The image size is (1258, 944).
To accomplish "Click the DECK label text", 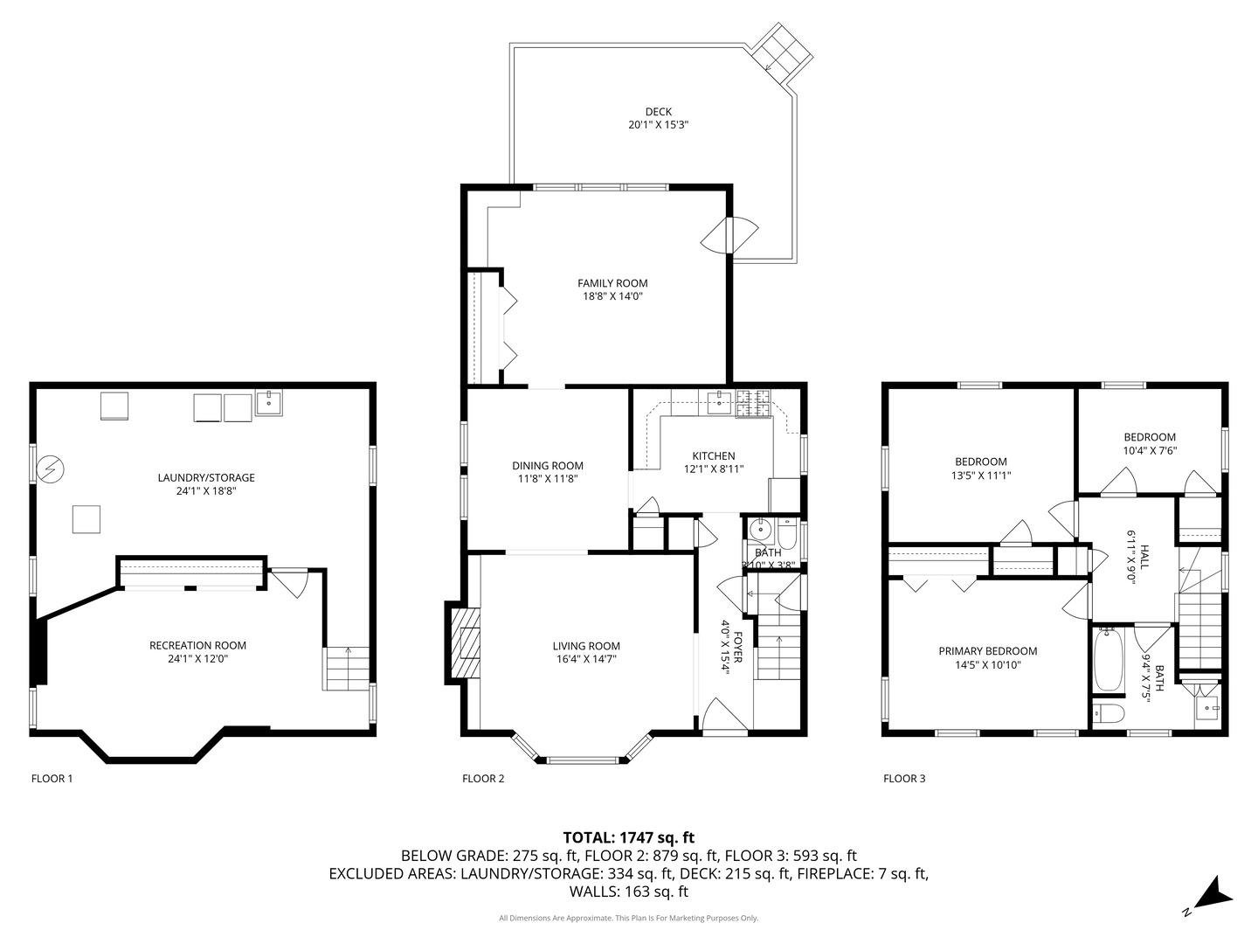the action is pyautogui.click(x=658, y=112).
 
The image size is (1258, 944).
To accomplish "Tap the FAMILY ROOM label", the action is pyautogui.click(x=612, y=283).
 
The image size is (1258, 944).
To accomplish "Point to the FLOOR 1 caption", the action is pyautogui.click(x=52, y=778).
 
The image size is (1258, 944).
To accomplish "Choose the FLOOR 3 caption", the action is pyautogui.click(x=904, y=778).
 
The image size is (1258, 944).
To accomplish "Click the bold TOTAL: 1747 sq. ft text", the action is pyautogui.click(x=629, y=838).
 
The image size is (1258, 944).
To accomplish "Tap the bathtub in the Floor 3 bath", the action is pyautogui.click(x=1109, y=660).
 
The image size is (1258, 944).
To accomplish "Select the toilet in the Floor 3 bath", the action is pyautogui.click(x=1108, y=713).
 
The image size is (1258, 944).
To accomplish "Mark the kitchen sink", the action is pyautogui.click(x=720, y=402).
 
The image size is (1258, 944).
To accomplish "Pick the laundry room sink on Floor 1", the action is pyautogui.click(x=268, y=402).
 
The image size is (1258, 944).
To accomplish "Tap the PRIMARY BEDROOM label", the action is pyautogui.click(x=987, y=651).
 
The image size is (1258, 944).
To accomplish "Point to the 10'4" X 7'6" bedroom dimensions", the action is pyautogui.click(x=1150, y=450).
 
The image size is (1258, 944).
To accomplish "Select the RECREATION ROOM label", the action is pyautogui.click(x=197, y=645).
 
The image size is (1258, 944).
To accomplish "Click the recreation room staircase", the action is pyautogui.click(x=346, y=669).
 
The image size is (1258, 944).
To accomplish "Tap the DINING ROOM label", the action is pyautogui.click(x=548, y=466).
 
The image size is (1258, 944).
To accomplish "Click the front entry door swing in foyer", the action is pyautogui.click(x=724, y=714).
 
